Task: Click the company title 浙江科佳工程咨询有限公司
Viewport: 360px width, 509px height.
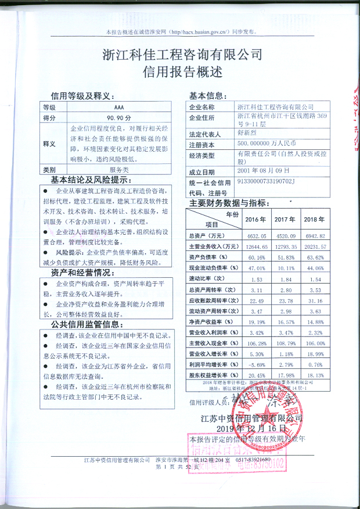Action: click(x=182, y=55)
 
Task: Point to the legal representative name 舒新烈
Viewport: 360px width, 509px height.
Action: click(x=249, y=133)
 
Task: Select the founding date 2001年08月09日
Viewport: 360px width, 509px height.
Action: click(x=263, y=171)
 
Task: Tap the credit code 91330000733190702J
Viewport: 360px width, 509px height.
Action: click(x=267, y=182)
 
